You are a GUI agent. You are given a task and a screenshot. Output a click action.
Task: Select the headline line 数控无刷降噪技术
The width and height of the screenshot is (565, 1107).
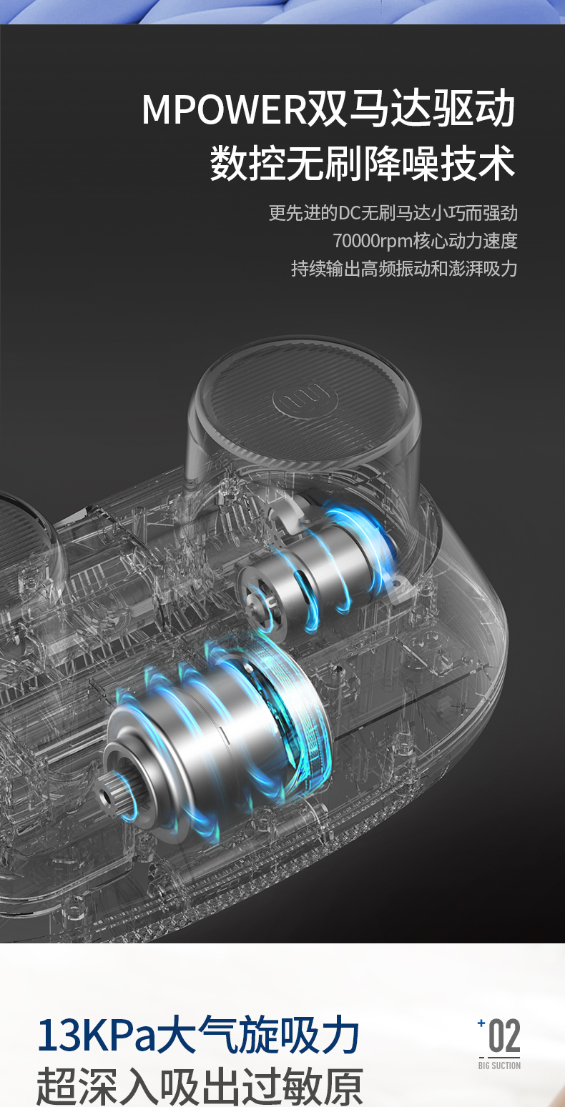[363, 164]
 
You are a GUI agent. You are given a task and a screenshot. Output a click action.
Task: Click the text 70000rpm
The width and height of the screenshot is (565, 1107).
[373, 241]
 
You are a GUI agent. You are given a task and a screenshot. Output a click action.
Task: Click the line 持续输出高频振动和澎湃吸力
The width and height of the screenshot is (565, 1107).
[404, 269]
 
